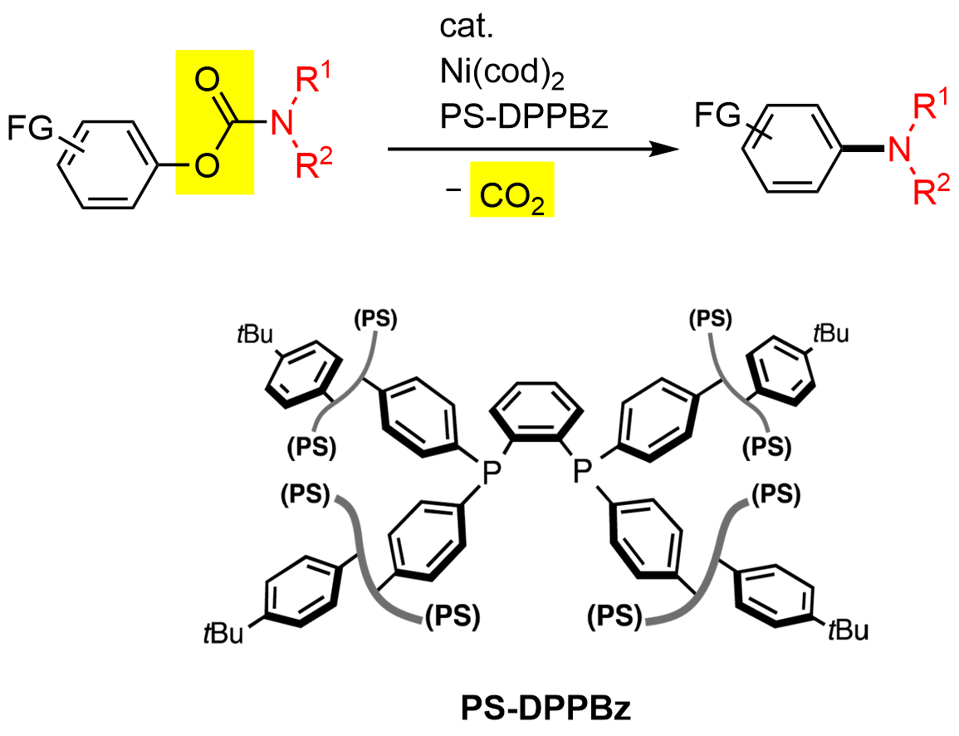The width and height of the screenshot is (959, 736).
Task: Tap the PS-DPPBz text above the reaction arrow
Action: (525, 119)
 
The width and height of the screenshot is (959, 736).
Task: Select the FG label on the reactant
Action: (31, 128)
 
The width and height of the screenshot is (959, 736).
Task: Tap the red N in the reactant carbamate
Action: (284, 125)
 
